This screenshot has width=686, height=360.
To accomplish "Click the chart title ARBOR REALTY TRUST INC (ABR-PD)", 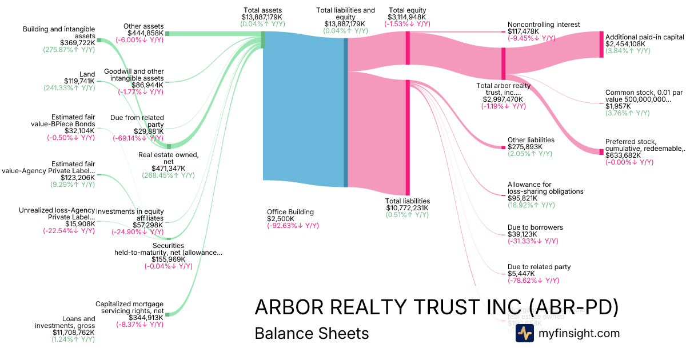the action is (436, 307).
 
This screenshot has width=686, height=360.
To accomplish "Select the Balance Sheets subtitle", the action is (312, 334).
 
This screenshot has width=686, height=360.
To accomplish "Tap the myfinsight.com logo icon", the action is (524, 334).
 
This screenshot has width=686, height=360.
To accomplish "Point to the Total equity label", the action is (407, 10).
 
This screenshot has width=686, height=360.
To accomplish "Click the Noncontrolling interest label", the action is (544, 25).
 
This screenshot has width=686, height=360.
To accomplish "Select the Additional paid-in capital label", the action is (644, 37).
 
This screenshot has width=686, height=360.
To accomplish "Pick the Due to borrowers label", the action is (535, 227).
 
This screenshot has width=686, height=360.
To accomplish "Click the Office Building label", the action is (290, 212).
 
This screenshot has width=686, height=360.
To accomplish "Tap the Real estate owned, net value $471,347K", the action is (168, 169).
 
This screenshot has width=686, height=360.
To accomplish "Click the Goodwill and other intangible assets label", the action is (134, 74).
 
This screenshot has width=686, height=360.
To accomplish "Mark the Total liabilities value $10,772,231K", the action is (407, 208).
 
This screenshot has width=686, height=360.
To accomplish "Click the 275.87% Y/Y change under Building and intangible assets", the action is (69, 50).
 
